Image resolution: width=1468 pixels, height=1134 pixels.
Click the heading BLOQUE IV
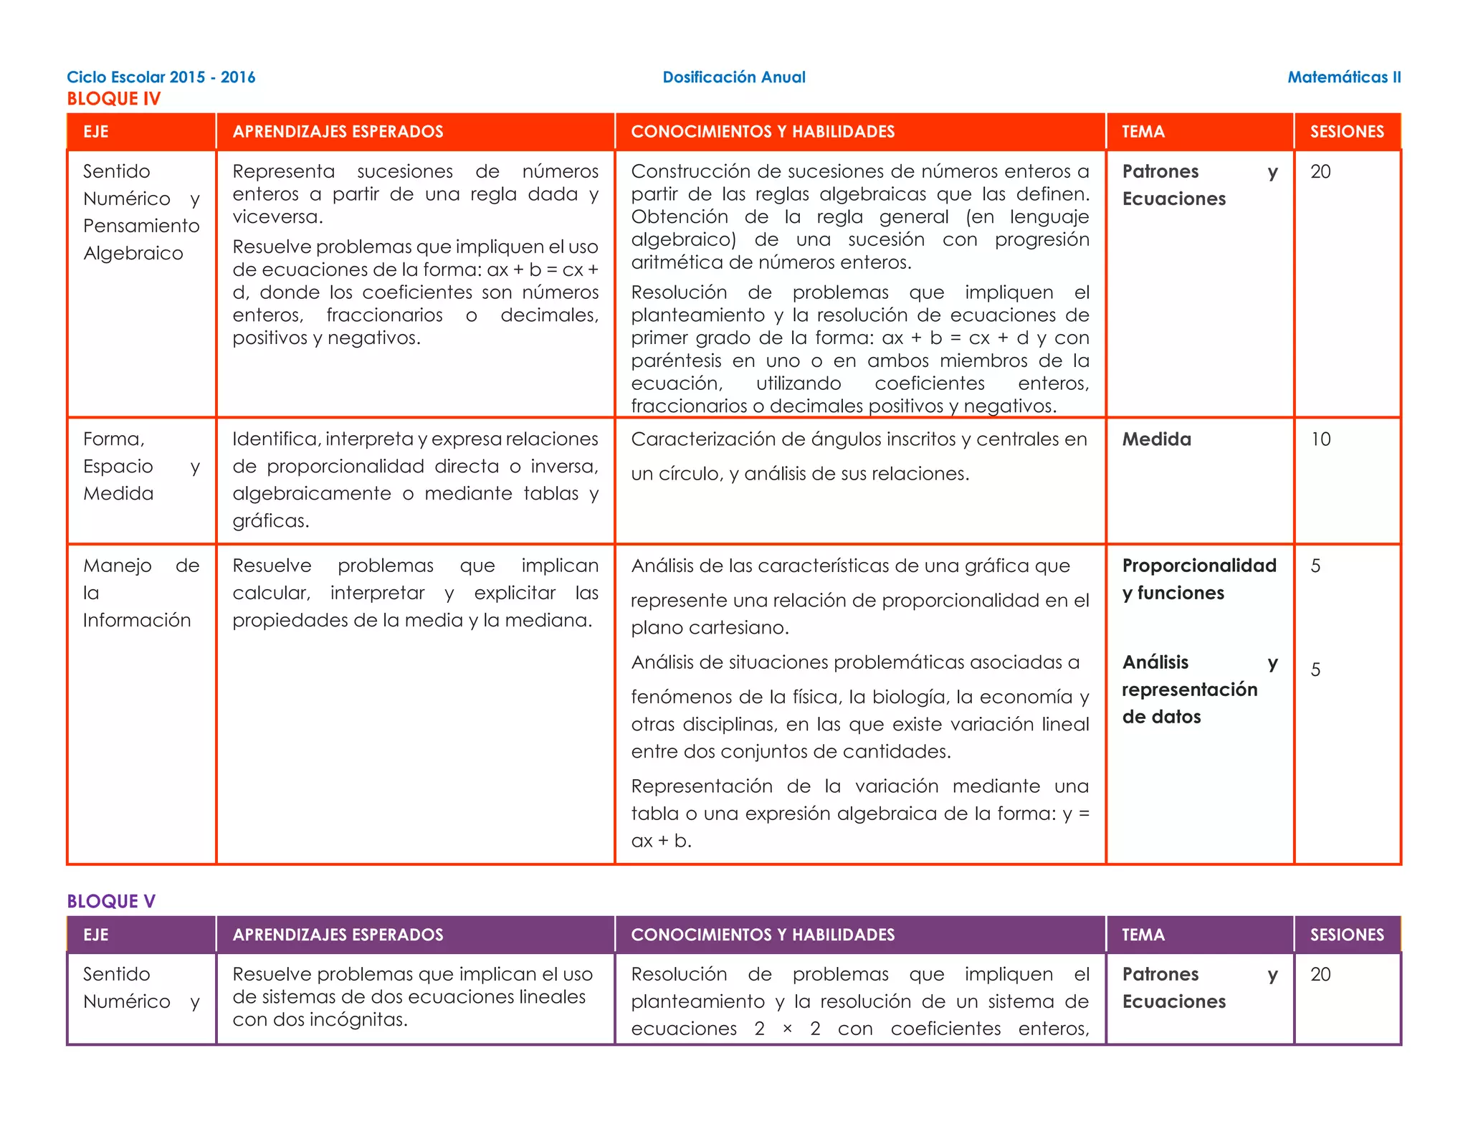pyautogui.click(x=113, y=99)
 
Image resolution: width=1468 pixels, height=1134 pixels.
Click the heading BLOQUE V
pyautogui.click(x=111, y=901)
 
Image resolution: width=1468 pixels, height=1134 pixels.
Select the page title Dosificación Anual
pyautogui.click(x=733, y=77)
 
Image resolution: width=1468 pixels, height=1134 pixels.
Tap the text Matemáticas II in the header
pyautogui.click(x=1344, y=77)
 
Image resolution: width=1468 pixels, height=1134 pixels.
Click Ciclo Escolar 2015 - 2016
pyautogui.click(x=161, y=77)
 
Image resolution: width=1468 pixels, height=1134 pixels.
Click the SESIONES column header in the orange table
pyautogui.click(x=1347, y=132)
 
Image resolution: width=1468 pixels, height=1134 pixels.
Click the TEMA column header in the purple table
pyautogui.click(x=1143, y=935)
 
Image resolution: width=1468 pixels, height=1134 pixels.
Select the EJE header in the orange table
pyautogui.click(x=96, y=132)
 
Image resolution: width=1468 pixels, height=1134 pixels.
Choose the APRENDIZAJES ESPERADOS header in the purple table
pyautogui.click(x=338, y=935)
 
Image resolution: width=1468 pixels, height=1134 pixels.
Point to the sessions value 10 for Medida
pyautogui.click(x=1320, y=439)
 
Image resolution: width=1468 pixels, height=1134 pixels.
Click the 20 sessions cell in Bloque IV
pyautogui.click(x=1320, y=172)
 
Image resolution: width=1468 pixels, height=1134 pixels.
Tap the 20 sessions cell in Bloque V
pyautogui.click(x=1320, y=975)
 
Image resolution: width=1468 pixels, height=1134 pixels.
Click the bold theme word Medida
pyautogui.click(x=1156, y=439)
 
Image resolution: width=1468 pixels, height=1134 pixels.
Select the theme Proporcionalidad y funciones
pyautogui.click(x=1198, y=579)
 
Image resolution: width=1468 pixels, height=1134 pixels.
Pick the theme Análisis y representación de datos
pyautogui.click(x=1189, y=690)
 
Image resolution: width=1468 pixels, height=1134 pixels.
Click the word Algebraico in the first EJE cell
pyautogui.click(x=133, y=254)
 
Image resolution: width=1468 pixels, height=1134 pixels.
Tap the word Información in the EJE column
pyautogui.click(x=137, y=621)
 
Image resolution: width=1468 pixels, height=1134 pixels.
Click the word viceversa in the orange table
pyautogui.click(x=277, y=217)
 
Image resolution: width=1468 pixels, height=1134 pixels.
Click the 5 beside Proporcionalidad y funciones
pyautogui.click(x=1315, y=566)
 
